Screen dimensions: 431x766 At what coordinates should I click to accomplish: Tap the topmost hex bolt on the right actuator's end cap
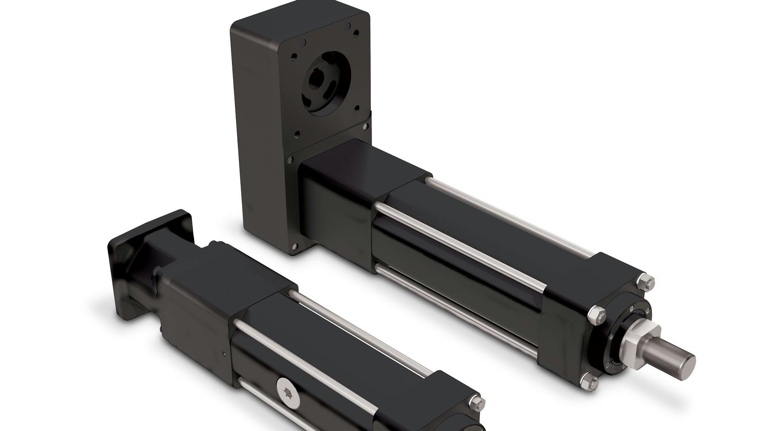[649, 282]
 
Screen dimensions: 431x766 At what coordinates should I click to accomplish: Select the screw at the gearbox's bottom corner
[293, 248]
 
